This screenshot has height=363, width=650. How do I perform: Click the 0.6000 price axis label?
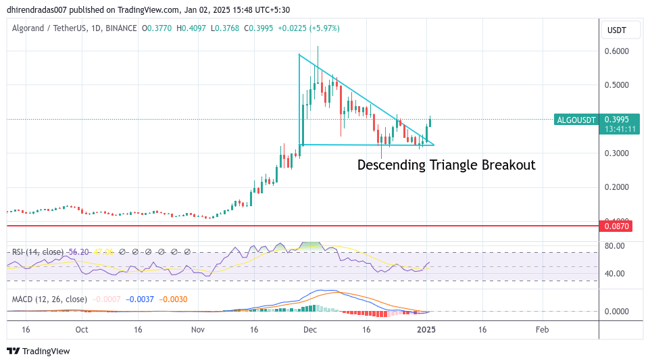[x=617, y=51]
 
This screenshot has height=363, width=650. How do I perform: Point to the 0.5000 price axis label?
[x=617, y=85]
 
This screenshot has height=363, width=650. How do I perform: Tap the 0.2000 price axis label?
[x=617, y=187]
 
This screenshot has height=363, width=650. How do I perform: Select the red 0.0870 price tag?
[x=617, y=226]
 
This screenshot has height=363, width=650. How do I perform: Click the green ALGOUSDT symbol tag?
[x=576, y=120]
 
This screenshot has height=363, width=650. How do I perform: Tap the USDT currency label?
[x=617, y=30]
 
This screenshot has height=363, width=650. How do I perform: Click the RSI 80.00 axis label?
[x=614, y=245]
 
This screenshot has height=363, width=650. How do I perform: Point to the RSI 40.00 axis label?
[x=614, y=274]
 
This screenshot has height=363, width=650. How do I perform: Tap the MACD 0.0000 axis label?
[x=617, y=312]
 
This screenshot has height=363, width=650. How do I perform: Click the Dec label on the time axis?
[x=310, y=331]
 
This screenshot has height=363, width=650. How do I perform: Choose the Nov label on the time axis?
[x=197, y=331]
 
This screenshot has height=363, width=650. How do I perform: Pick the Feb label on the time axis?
[x=542, y=331]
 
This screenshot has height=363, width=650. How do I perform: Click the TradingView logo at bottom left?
[x=39, y=351]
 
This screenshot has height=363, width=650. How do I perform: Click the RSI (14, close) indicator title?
[x=38, y=252]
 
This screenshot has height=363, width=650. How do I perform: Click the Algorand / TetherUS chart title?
[x=51, y=28]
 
